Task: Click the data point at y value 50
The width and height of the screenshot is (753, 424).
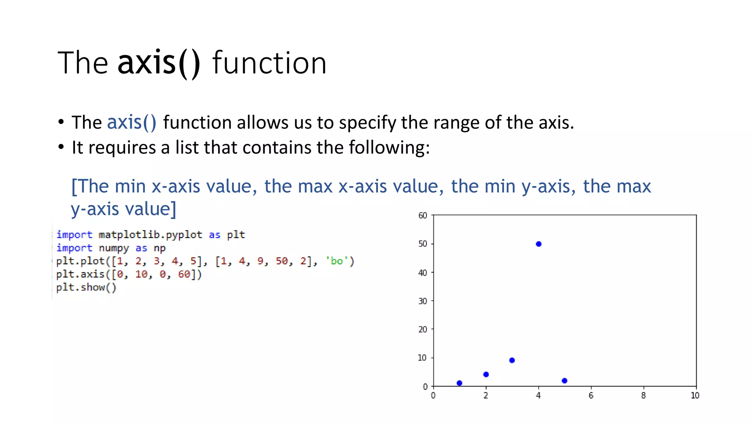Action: click(539, 244)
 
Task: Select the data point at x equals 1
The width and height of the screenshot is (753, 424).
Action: click(459, 383)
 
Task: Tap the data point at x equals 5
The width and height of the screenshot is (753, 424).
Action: click(564, 381)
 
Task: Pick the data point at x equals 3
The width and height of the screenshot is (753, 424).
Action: click(512, 360)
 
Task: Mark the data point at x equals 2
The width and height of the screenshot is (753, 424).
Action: click(486, 374)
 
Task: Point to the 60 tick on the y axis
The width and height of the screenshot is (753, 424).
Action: click(423, 215)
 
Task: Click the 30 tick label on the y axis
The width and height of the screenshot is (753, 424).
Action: click(423, 301)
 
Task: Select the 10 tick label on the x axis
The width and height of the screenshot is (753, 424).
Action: click(695, 396)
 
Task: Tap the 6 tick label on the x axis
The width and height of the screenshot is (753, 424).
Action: click(591, 396)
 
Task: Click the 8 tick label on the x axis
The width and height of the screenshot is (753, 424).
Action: click(643, 396)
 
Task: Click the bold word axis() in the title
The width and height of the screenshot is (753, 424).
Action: click(159, 63)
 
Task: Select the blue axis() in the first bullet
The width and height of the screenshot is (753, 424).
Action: click(132, 122)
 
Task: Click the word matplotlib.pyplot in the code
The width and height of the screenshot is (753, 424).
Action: click(150, 234)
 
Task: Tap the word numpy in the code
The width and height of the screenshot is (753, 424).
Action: click(114, 248)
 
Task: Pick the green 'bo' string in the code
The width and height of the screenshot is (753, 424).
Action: click(337, 261)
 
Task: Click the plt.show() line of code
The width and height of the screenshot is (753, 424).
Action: click(86, 287)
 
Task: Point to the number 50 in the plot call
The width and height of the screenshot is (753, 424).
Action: click(282, 261)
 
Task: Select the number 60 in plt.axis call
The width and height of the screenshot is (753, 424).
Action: click(184, 274)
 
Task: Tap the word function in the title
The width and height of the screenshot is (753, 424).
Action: click(269, 63)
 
